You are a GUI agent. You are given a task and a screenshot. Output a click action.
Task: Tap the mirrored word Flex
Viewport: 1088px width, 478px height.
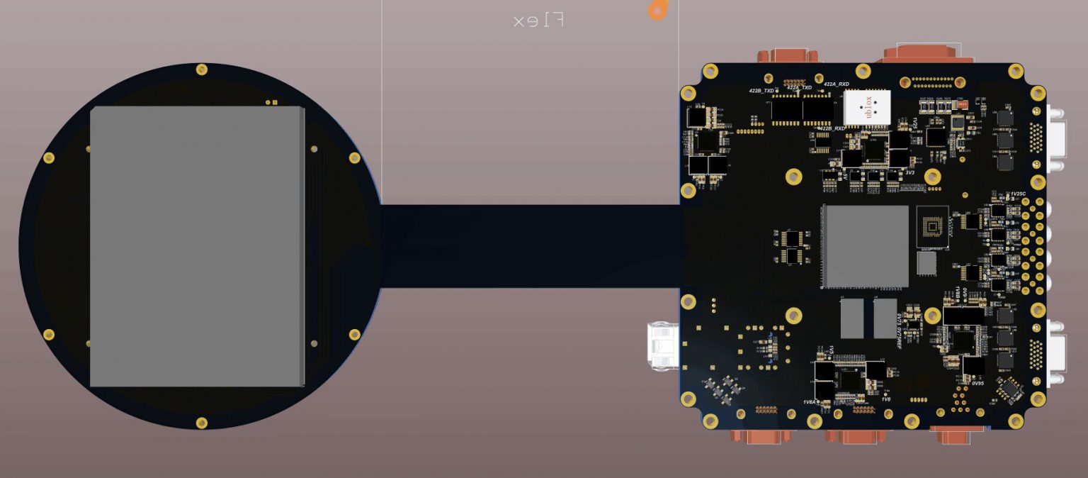(538, 21)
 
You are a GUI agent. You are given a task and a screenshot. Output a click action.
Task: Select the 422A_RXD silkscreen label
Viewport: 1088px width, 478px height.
(837, 84)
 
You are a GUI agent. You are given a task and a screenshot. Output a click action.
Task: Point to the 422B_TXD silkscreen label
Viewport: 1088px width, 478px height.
(761, 91)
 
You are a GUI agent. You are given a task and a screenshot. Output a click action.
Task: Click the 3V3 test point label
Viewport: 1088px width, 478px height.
(910, 172)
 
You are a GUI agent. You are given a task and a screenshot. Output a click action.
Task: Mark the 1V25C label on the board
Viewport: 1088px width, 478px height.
(1018, 194)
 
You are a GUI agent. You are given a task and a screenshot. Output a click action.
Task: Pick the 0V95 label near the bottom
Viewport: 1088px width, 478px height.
(977, 383)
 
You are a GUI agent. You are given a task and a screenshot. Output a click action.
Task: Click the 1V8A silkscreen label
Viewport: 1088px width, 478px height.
(810, 402)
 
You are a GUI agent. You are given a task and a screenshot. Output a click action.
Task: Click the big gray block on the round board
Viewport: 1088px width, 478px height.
(196, 246)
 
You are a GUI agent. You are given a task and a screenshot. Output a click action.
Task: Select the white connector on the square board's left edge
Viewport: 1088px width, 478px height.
(664, 345)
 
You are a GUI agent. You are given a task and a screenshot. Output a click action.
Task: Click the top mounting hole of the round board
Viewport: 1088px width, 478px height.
(202, 70)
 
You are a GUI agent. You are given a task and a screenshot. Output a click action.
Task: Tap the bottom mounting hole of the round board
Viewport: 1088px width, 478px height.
(202, 423)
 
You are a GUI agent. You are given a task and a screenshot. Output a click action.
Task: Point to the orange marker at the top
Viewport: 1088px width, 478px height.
(658, 10)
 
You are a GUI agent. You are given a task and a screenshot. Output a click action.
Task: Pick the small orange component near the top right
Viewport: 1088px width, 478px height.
(961, 104)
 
